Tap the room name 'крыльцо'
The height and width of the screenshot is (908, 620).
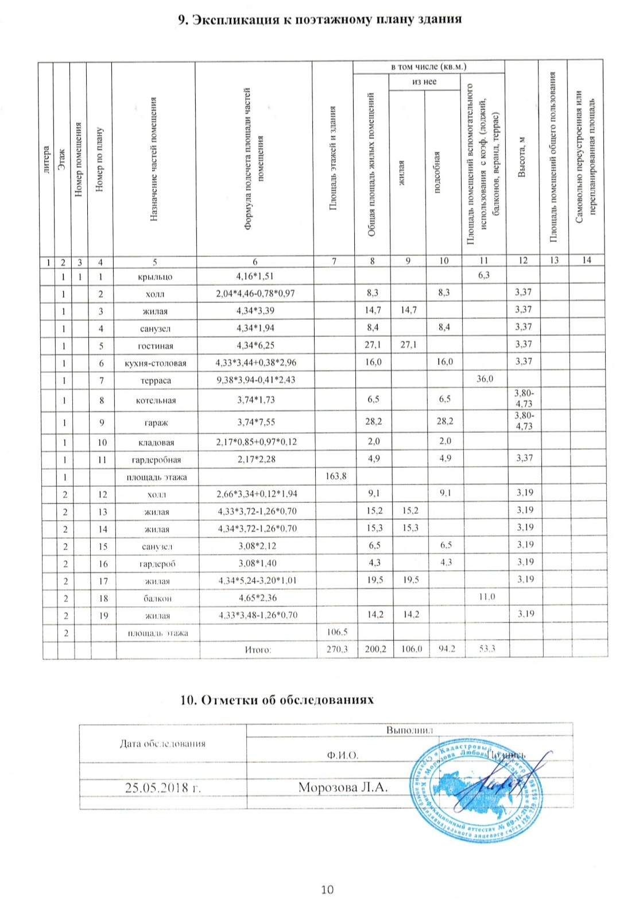tap(155, 277)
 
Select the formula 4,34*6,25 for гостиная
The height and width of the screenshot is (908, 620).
tap(255, 345)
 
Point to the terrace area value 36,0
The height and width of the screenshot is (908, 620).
tap(485, 379)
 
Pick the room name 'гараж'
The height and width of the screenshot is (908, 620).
tap(156, 422)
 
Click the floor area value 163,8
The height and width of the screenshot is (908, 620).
tap(336, 476)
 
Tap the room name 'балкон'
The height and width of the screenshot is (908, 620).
tap(157, 598)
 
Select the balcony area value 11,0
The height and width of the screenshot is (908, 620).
tap(486, 597)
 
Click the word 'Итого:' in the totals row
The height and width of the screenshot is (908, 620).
tap(258, 649)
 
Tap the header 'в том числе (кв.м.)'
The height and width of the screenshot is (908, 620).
tap(428, 67)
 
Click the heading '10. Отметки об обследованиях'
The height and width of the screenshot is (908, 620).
tap(277, 699)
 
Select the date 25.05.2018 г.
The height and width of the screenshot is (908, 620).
tap(162, 787)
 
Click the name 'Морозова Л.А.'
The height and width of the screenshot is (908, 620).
tap(343, 787)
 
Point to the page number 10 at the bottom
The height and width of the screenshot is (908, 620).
tap(327, 890)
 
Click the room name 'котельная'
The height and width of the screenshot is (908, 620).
tap(156, 401)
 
